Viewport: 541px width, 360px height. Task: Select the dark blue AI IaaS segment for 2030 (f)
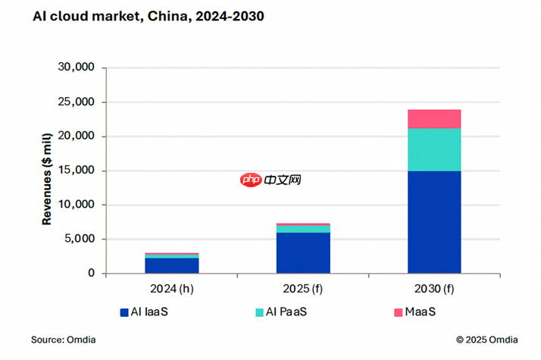(434, 221)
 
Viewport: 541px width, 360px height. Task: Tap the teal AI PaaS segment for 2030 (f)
(434, 149)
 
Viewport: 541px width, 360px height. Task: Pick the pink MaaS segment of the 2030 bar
(434, 119)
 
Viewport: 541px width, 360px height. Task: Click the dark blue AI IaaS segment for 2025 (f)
(303, 252)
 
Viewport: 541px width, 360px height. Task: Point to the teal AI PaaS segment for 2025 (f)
(303, 229)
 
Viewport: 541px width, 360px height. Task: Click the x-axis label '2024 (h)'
(172, 288)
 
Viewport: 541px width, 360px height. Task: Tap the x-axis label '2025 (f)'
(303, 288)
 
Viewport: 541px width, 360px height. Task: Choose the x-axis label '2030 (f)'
(434, 288)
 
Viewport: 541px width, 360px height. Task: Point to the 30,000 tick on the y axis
(76, 68)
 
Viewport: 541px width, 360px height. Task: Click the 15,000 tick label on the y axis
(76, 171)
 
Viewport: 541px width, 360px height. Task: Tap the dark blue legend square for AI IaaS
(124, 312)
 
